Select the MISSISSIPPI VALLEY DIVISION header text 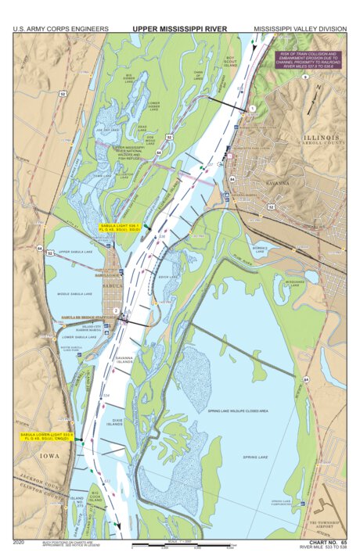click(299, 28)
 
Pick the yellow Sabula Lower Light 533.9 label click(46, 436)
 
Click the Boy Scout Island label click(230, 61)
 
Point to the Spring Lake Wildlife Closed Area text click(238, 411)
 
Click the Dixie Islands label click(115, 422)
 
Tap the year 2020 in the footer click(21, 541)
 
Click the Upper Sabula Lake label click(74, 253)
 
